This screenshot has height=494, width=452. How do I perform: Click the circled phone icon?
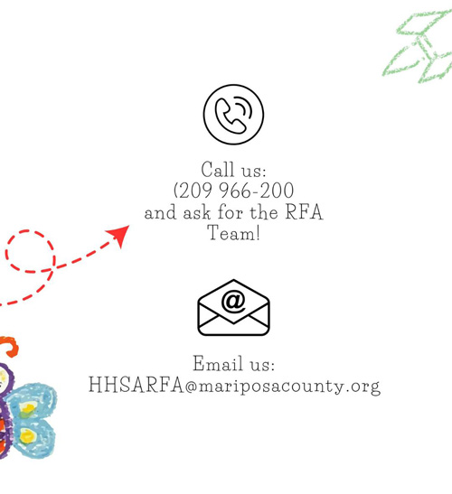[233, 115]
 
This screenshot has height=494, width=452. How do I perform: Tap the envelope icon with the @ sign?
[233, 307]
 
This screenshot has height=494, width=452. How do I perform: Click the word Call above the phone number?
[219, 170]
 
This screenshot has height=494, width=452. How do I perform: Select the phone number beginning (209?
[234, 191]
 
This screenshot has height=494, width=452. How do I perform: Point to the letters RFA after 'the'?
[304, 211]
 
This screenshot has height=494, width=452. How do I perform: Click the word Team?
[234, 233]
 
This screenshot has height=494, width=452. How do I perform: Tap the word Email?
[218, 363]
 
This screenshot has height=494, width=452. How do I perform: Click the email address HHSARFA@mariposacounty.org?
[234, 385]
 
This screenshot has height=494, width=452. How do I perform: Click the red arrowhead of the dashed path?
[119, 236]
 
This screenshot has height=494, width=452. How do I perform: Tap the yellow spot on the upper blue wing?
[28, 409]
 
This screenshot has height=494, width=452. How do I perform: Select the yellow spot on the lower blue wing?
[28, 436]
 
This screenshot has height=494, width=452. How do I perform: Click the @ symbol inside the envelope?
[233, 301]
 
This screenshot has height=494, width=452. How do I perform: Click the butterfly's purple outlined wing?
[5, 410]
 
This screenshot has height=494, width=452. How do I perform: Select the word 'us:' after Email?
[262, 365]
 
